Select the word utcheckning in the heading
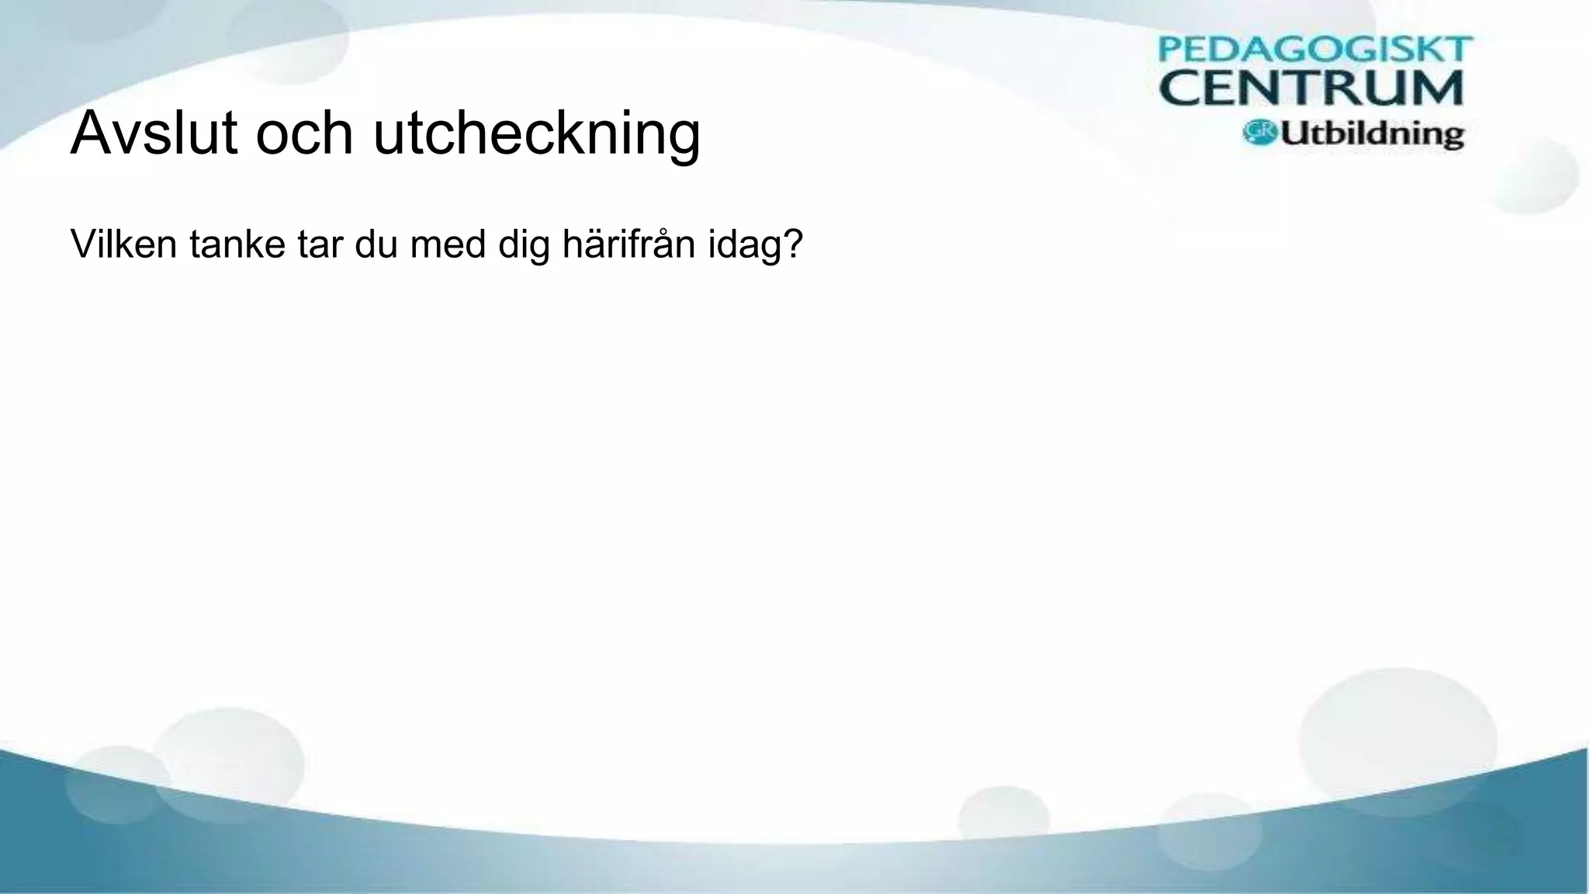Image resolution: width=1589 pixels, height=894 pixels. pyautogui.click(x=536, y=134)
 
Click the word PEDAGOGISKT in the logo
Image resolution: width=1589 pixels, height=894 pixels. pyautogui.click(x=1314, y=50)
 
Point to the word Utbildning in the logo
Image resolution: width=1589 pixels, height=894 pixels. pyautogui.click(x=1372, y=133)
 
